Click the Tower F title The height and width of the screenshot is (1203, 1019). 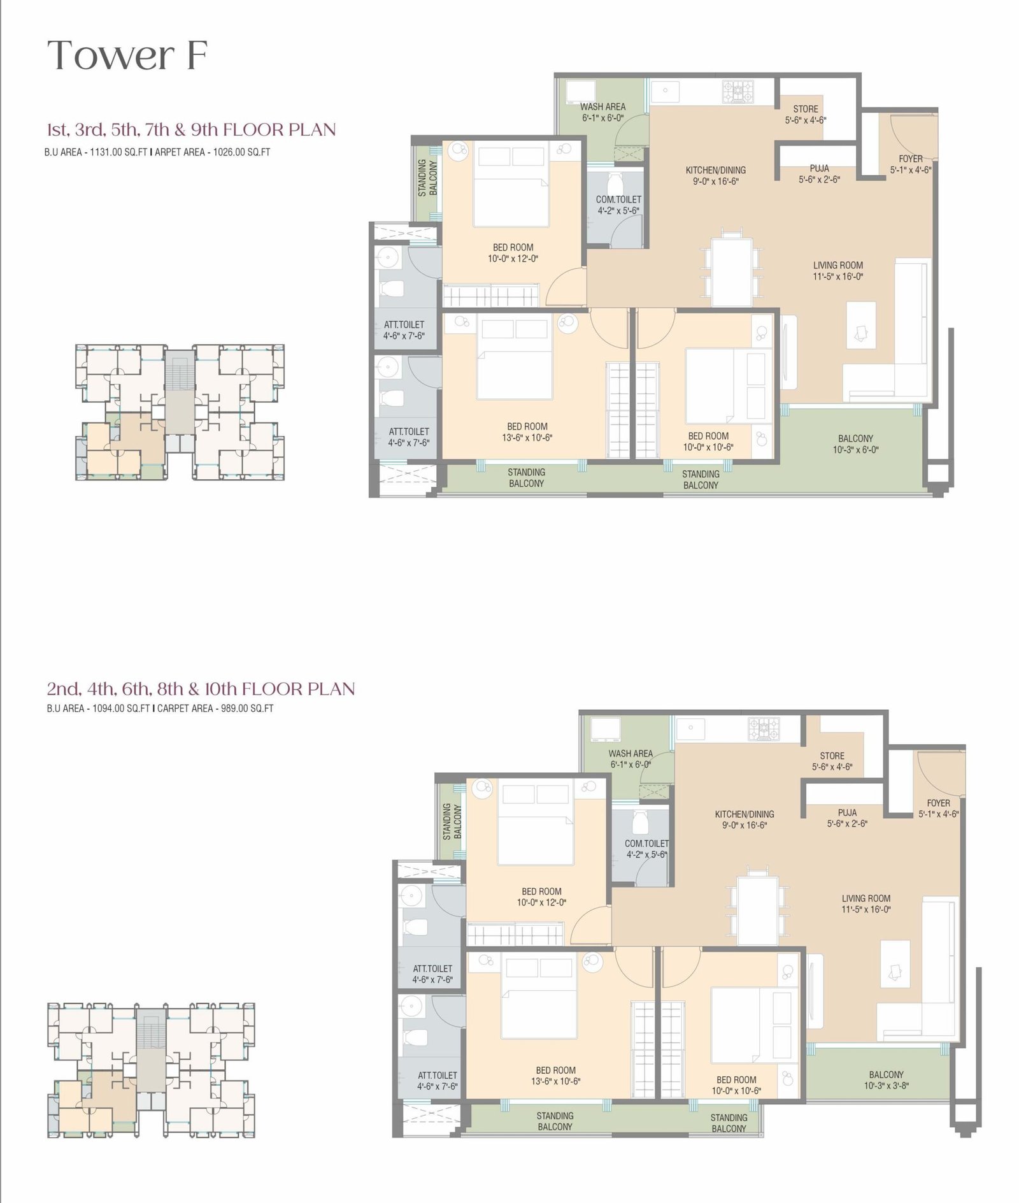click(x=127, y=55)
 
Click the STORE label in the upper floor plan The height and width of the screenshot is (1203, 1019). click(x=805, y=109)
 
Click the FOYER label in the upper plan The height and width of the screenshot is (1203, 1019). click(x=910, y=159)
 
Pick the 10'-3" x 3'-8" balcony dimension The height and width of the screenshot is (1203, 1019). click(x=886, y=1085)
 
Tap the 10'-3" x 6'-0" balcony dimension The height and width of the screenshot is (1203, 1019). click(x=855, y=449)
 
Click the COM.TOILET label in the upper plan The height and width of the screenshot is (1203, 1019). click(x=618, y=199)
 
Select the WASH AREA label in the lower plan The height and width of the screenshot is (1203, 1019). click(x=631, y=753)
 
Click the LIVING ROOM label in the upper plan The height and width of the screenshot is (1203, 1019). click(x=837, y=265)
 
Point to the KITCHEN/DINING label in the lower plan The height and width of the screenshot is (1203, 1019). click(x=744, y=814)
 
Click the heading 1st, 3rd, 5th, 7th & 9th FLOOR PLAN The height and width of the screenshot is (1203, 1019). click(x=191, y=129)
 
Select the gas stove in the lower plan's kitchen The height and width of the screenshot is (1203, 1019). click(x=764, y=729)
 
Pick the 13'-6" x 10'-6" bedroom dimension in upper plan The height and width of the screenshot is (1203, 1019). click(x=527, y=438)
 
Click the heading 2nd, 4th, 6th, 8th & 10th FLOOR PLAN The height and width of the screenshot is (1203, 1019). click(x=201, y=689)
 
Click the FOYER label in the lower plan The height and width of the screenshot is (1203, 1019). click(x=938, y=803)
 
